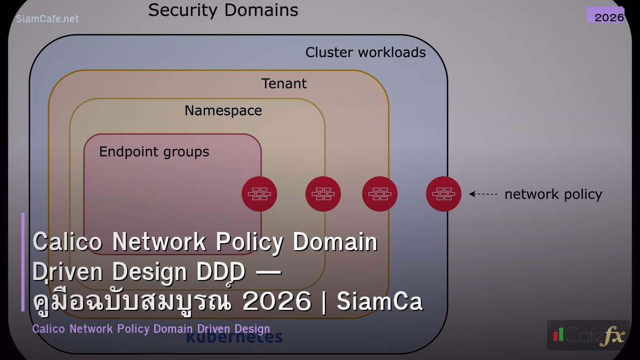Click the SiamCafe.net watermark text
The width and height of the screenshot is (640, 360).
pos(47,19)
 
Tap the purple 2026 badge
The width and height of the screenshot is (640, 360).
pos(605,15)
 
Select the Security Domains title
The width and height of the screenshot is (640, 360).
pos(223,10)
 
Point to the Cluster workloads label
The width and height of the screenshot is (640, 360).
pos(365,52)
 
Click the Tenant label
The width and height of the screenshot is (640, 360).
pos(284,84)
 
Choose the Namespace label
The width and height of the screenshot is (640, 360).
pos(223,110)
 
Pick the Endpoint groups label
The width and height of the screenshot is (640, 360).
pos(154,152)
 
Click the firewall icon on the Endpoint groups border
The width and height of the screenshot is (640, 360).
pos(259,194)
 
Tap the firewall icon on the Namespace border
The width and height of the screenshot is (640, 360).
pos(323,194)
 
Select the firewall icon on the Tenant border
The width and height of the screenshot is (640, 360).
pos(380,194)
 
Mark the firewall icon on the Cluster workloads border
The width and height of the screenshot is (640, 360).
pos(444,194)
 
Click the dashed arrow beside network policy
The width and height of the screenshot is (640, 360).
pos(483,194)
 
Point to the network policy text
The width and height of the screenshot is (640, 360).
pos(553,195)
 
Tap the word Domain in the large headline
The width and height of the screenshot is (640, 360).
pos(335,242)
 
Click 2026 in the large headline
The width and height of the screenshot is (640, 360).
pos(276,302)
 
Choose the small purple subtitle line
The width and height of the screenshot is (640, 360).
pos(151,329)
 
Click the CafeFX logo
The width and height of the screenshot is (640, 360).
pos(588,335)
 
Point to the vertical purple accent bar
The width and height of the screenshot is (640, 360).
pos(23,262)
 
